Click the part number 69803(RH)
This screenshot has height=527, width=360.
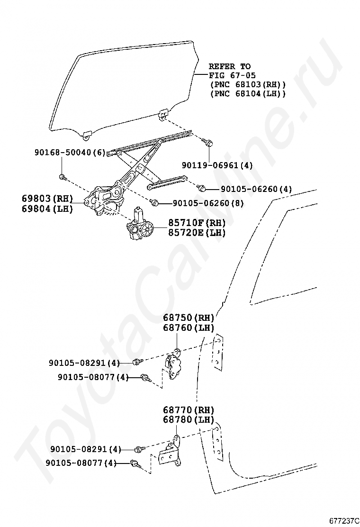pos(47,198)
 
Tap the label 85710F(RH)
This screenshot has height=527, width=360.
pos(197,223)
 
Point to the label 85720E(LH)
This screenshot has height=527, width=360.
pos(197,233)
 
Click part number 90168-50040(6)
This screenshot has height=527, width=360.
pos(70,153)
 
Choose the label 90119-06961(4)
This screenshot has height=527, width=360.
pos(217,165)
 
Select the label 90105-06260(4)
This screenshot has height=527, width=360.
pos(256,189)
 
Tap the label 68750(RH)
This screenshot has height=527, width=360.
pos(189,318)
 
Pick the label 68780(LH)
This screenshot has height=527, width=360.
pos(189,420)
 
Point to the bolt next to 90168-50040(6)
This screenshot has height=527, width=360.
pos(62,178)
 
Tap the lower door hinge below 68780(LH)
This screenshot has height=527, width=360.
pos(171,453)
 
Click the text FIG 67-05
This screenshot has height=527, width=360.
pos(233,75)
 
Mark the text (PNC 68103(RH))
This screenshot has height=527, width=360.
pos(248,84)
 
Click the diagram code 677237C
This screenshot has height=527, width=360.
pos(344,520)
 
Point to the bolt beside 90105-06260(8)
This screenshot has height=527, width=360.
pos(154,202)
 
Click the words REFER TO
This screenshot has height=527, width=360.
pos(230,66)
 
